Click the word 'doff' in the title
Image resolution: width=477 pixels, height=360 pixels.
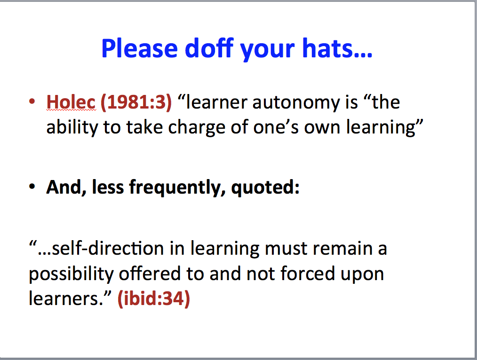tap(209, 48)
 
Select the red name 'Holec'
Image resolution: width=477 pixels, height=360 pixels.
tap(71, 102)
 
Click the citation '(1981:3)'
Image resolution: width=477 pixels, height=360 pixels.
tap(136, 102)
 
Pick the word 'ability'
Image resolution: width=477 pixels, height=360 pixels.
tap(72, 127)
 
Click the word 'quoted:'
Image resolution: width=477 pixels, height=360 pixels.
tap(265, 188)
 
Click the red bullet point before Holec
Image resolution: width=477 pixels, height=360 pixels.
tap(32, 102)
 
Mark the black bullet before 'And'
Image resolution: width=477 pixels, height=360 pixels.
tap(32, 187)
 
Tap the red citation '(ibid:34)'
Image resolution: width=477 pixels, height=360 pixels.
tap(154, 298)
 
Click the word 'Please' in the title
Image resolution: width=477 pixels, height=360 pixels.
tap(140, 48)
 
